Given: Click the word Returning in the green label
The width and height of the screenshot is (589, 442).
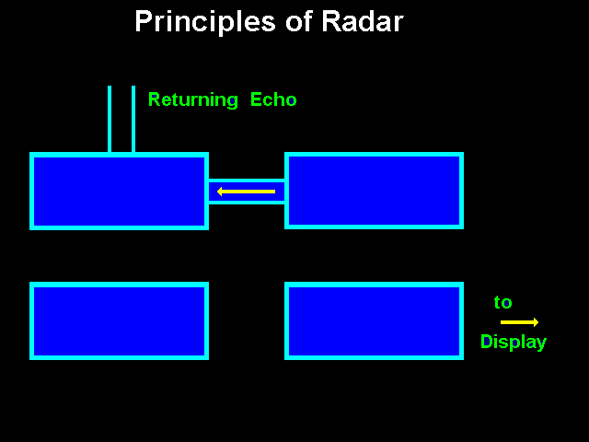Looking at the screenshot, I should pos(192,100).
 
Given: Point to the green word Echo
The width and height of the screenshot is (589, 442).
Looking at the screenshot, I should pos(273,99).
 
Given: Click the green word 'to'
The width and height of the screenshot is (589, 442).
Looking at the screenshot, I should pos(502,303).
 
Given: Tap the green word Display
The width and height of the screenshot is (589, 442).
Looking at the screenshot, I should pos(513,343).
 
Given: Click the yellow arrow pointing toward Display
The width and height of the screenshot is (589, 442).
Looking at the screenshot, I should pos(519,322).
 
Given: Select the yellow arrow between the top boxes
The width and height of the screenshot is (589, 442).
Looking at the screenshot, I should pos(247,192).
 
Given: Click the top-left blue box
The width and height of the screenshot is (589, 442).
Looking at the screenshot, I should pos(119,191).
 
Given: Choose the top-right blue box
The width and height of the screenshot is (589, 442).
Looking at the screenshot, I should pos(374,191).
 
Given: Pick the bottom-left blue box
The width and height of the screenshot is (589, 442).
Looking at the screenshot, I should pos(119,320).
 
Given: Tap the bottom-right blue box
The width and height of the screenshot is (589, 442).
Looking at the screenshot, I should pos(374,320).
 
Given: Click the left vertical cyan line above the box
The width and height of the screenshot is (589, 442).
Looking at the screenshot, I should pos(110,120).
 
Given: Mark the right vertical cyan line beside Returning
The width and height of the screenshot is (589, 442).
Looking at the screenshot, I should pos(133,120).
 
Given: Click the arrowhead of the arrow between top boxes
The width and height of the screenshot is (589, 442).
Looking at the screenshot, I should pos(222,192).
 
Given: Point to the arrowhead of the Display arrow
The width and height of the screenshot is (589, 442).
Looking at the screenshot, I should pos(535,322).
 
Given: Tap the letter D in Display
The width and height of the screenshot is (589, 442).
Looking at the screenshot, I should pos(487,342).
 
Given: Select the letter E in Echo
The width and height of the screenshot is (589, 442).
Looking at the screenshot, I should pos(256,99).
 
